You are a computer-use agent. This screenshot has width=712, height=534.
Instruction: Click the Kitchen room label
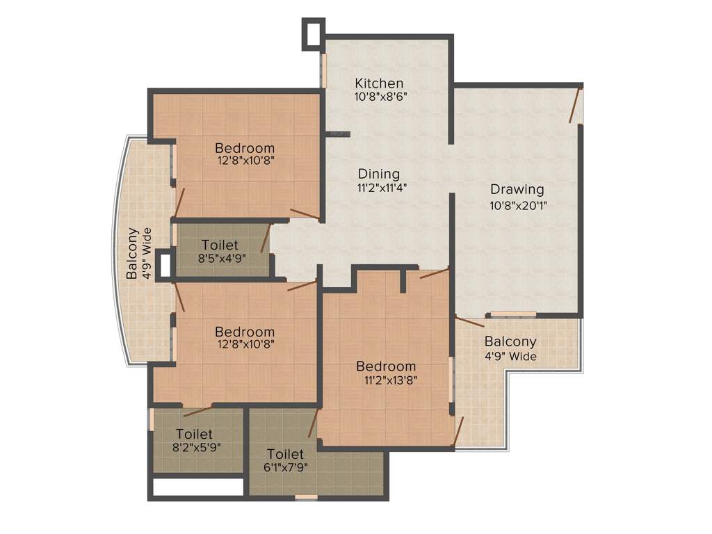[x=379, y=83]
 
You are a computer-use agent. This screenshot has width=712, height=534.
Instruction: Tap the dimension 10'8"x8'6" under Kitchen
[x=380, y=97]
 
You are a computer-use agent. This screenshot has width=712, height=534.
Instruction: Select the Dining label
[x=379, y=174]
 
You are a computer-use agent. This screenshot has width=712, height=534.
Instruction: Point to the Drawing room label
[x=517, y=189]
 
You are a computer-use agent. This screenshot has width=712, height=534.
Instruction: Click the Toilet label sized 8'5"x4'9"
[x=220, y=245]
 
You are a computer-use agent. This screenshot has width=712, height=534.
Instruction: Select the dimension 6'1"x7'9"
[x=284, y=467]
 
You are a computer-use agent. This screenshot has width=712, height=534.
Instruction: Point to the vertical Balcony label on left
[x=131, y=254]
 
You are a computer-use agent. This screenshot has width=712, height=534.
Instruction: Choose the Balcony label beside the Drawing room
[x=510, y=341]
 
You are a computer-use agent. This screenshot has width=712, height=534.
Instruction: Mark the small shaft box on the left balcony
[x=165, y=266]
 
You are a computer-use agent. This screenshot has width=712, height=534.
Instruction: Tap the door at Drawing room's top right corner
[x=574, y=104]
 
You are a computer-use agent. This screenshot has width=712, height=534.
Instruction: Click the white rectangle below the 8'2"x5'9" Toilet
[x=197, y=487]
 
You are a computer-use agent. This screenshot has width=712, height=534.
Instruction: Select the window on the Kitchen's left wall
[x=323, y=70]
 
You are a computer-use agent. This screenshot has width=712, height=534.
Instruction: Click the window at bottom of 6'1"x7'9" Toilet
[x=306, y=497]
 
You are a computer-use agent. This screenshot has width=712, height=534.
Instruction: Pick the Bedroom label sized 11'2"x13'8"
[x=387, y=366]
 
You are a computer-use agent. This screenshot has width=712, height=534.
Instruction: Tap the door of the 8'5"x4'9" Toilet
[x=265, y=238]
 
